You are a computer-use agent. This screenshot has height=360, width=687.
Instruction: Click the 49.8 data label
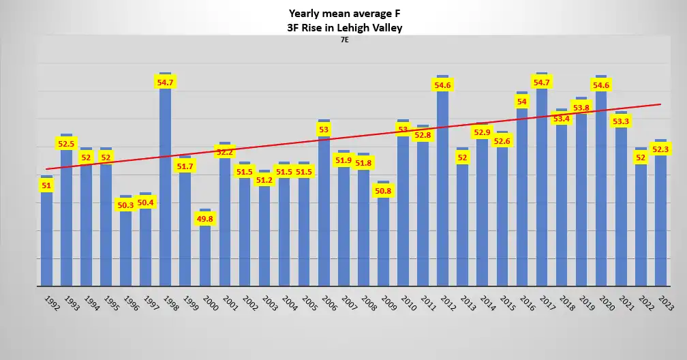pos(205,220)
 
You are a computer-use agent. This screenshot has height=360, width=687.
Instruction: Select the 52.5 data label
pos(66,144)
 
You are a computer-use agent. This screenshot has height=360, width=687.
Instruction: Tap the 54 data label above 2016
pos(522,102)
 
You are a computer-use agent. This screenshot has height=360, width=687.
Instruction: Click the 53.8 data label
pos(581,108)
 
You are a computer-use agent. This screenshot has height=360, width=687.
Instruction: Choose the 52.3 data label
pos(660,149)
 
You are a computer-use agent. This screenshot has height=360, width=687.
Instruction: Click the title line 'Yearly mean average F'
pos(343,13)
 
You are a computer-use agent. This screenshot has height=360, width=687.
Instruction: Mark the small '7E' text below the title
pos(345,40)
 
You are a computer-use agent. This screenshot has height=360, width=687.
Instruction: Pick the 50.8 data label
pos(383,191)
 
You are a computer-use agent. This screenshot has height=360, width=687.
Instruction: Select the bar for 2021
pos(621,205)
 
